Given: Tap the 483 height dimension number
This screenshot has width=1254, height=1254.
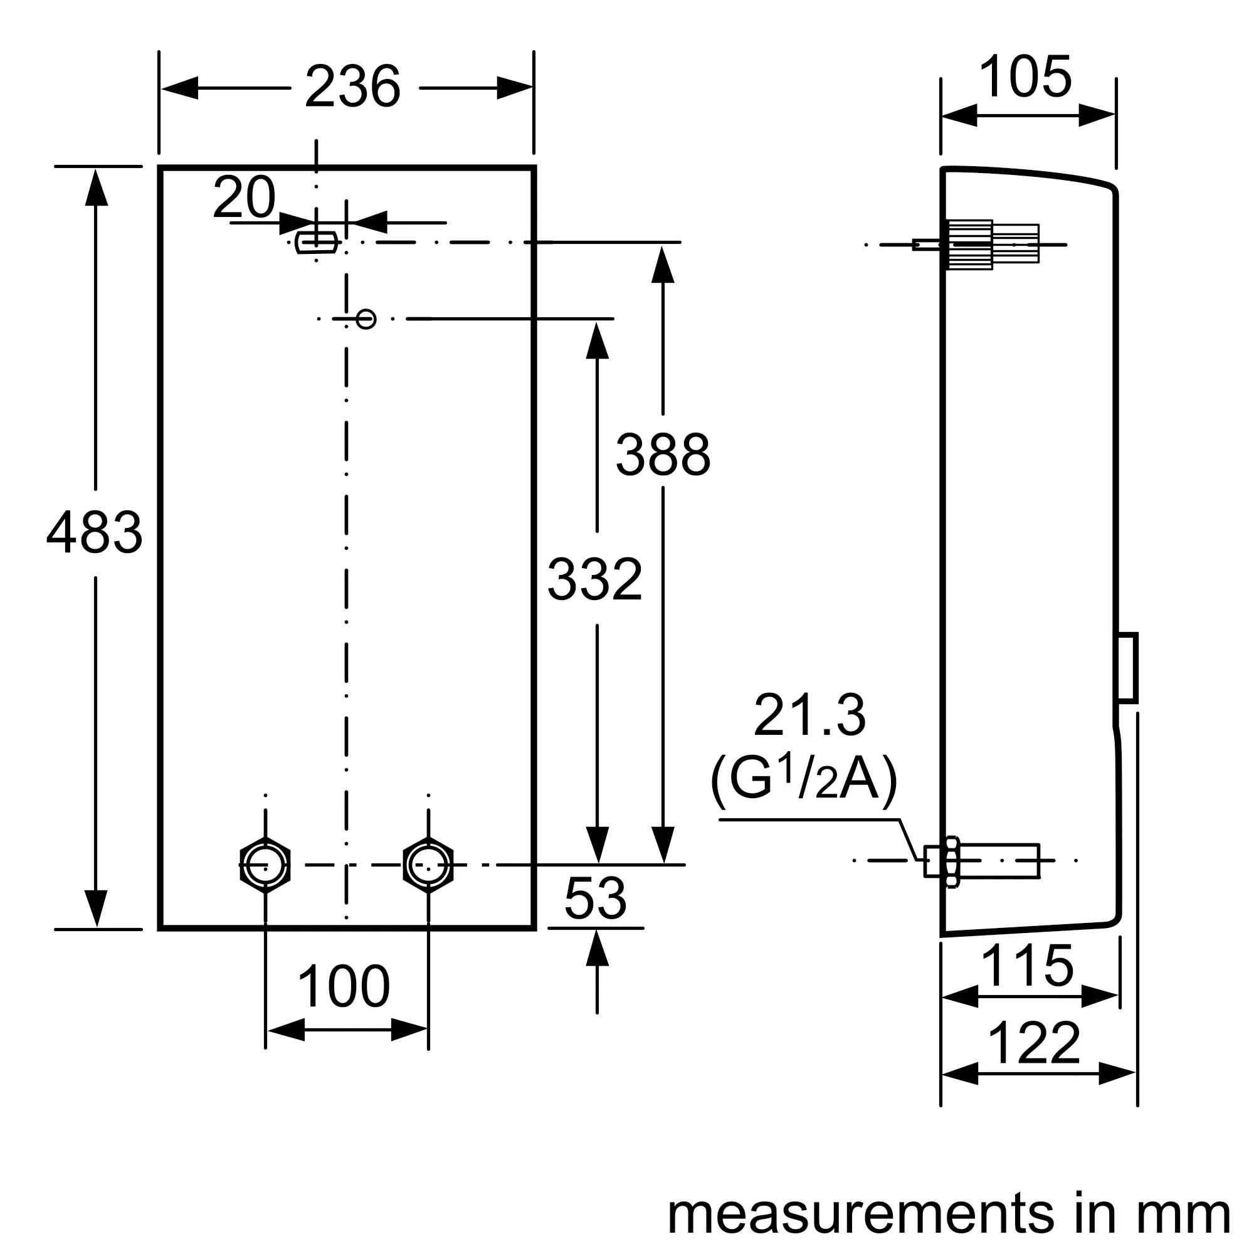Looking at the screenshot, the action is click(x=94, y=533).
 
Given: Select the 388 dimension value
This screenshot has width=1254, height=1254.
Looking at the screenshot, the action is click(x=663, y=455).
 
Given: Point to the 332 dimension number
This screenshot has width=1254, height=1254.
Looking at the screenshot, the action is click(x=594, y=579).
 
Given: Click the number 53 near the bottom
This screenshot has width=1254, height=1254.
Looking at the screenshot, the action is click(x=595, y=898).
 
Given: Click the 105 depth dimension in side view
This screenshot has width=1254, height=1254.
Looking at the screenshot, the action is click(x=1026, y=76).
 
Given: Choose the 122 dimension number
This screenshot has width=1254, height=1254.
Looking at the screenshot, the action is click(x=1033, y=1043).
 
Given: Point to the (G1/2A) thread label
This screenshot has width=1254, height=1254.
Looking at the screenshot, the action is click(x=804, y=780).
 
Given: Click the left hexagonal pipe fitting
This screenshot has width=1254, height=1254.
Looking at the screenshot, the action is click(x=265, y=865).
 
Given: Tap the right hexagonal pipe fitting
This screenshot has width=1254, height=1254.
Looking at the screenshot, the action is click(x=428, y=865).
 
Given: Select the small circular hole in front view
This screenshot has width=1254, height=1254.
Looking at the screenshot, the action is click(x=366, y=319).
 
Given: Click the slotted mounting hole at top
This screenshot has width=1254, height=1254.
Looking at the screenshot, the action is click(x=316, y=242).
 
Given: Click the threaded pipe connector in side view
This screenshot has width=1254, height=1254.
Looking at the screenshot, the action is click(x=982, y=861).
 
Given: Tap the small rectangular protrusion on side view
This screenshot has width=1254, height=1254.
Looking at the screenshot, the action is click(x=1127, y=667).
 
